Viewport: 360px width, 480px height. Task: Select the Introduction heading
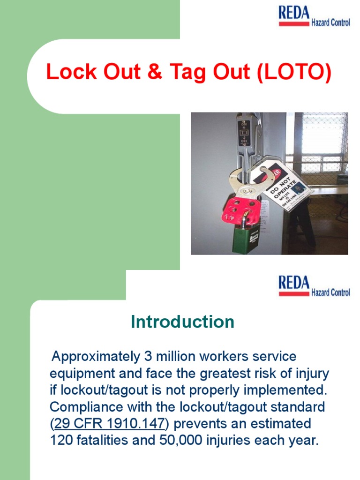click(182, 322)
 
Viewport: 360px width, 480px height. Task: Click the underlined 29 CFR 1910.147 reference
click(109, 424)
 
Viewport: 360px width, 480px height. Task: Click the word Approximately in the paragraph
click(96, 357)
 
